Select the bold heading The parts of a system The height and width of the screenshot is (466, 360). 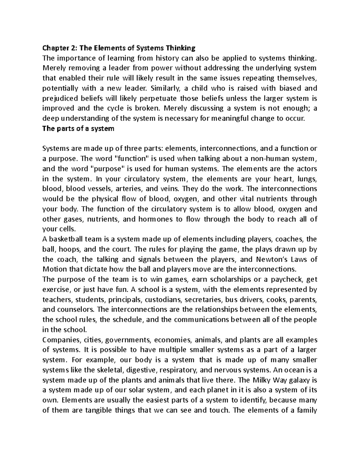pyautogui.click(x=78, y=129)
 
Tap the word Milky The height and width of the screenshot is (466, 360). pyautogui.click(x=261, y=380)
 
